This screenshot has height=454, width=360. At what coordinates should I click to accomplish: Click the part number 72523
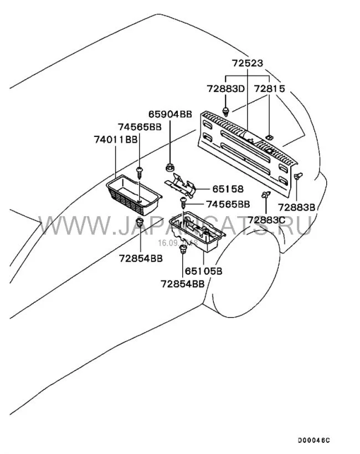point(248,64)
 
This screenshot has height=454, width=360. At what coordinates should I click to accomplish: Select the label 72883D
point(226,89)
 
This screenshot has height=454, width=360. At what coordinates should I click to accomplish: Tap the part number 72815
point(270,89)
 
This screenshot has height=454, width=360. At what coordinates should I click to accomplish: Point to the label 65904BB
point(170,115)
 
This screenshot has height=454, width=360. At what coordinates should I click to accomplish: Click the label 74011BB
point(115,139)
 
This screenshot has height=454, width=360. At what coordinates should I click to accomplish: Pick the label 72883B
point(297,207)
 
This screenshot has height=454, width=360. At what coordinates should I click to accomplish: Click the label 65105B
point(203,271)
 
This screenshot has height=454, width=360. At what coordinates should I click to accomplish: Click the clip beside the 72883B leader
point(299,176)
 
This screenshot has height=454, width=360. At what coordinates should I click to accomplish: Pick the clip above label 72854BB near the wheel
point(182,251)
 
